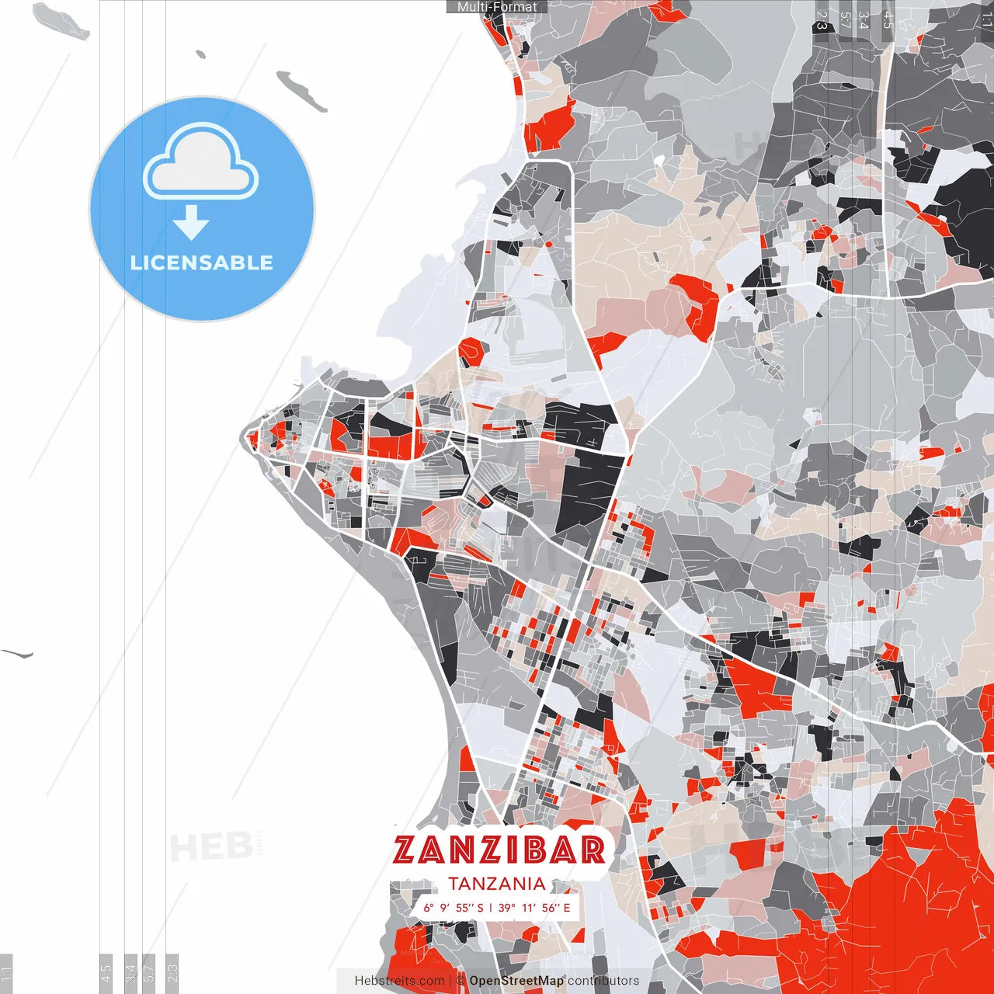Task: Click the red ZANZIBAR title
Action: [x=499, y=850]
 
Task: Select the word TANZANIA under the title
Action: [x=497, y=884]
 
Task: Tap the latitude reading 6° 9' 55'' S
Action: [x=454, y=908]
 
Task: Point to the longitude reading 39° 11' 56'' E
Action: [x=534, y=908]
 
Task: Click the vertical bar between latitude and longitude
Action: [x=491, y=908]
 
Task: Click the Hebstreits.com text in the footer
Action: [x=399, y=981]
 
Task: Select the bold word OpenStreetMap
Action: [x=516, y=981]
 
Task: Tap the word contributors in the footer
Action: [x=603, y=981]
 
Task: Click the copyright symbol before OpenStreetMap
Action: [x=461, y=981]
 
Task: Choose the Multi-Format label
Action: [x=497, y=7]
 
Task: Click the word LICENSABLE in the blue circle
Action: [x=202, y=262]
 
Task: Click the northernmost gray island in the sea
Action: [x=62, y=20]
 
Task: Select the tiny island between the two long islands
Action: [x=201, y=54]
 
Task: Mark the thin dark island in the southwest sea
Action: [x=17, y=654]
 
